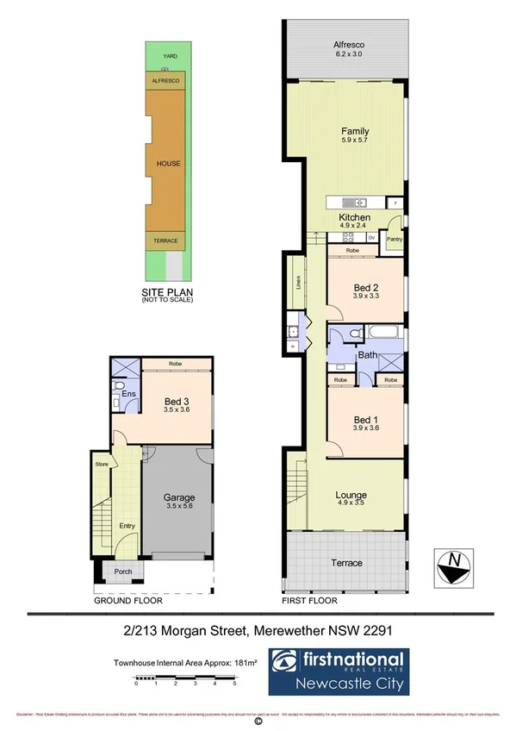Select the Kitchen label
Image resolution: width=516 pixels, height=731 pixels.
tap(354, 217)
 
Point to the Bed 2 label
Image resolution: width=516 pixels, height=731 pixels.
tap(366, 288)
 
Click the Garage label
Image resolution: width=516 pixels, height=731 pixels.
tap(179, 497)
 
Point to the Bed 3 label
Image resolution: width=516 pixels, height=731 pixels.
tap(178, 400)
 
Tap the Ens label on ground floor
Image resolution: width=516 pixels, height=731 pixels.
tap(128, 395)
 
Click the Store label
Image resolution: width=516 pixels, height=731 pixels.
tap(101, 464)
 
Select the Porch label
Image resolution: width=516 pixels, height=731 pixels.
tap(115, 572)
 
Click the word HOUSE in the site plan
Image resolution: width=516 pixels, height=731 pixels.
tap(168, 163)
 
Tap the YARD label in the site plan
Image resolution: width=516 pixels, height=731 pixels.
tap(168, 57)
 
